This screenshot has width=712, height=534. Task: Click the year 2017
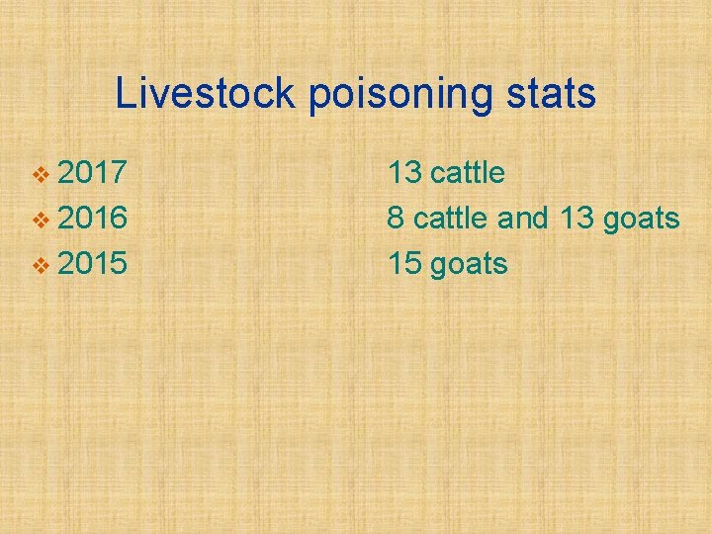(92, 173)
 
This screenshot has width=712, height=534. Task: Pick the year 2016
(92, 219)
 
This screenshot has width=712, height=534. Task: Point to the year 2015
(92, 264)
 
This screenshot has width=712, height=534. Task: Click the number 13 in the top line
(405, 173)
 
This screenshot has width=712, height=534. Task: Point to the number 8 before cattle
(396, 219)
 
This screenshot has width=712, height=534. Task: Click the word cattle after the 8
(451, 219)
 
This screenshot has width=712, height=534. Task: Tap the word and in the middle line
(522, 219)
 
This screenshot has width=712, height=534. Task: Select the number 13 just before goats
(576, 219)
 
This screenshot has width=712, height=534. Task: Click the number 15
(405, 264)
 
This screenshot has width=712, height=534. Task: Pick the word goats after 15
(471, 265)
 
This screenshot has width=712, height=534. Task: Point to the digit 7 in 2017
(117, 173)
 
